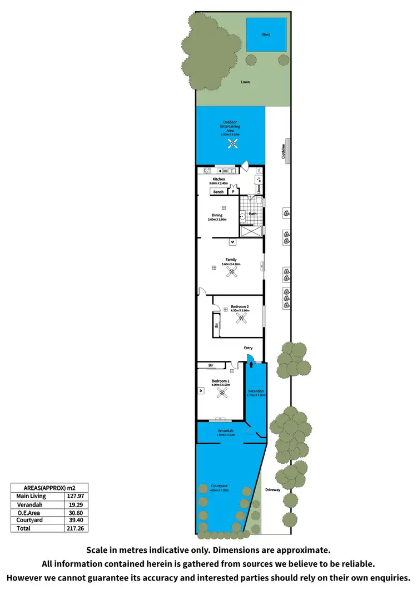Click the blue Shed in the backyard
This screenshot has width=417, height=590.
pyautogui.click(x=266, y=34)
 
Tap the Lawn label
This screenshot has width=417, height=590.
pyautogui.click(x=245, y=82)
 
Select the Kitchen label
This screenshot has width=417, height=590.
pyautogui.click(x=219, y=179)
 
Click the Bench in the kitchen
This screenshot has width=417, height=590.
pyautogui.click(x=219, y=192)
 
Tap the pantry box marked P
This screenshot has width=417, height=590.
pyautogui.click(x=233, y=192)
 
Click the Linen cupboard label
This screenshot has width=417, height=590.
pyautogui.click(x=259, y=189)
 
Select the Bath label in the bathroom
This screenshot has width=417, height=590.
pyautogui.click(x=252, y=214)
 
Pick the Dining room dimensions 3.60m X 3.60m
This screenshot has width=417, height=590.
pyautogui.click(x=217, y=219)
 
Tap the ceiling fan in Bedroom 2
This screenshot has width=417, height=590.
pyautogui.click(x=241, y=318)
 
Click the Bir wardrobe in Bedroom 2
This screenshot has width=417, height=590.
pyautogui.click(x=216, y=325)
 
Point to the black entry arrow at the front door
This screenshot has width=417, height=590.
pyautogui.click(x=250, y=365)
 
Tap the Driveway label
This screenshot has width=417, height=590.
pyautogui.click(x=272, y=490)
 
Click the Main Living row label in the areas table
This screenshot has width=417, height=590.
pyautogui.click(x=31, y=496)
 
